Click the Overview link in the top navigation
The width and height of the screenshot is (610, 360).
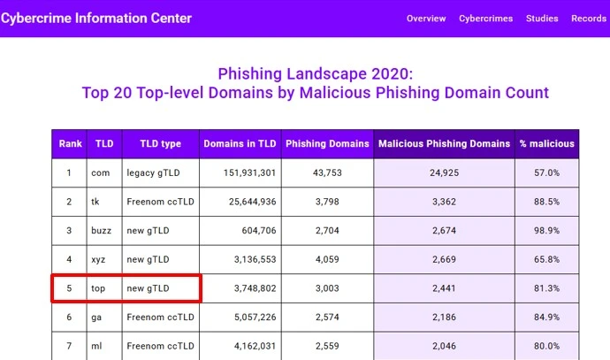point(426,19)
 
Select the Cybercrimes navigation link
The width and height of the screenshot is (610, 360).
point(486,19)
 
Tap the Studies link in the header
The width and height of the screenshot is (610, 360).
point(542,19)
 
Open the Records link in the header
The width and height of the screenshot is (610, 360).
point(589,19)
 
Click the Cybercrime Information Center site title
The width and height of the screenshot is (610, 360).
point(95,18)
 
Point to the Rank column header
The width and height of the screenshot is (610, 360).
point(70,143)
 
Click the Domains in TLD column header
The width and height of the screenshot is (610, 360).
point(240,143)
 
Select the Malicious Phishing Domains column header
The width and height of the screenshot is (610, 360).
point(444,143)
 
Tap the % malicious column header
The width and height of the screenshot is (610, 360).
point(547,143)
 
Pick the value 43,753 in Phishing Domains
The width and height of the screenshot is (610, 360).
point(327,172)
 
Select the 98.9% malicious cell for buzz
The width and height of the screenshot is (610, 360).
point(547,231)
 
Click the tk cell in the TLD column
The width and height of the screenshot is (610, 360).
point(95,202)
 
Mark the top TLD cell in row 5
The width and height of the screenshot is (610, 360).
point(99,288)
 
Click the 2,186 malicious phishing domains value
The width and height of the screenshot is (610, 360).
point(444,318)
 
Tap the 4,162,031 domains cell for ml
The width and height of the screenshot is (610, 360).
point(245,346)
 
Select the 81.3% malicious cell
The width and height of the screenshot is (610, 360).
point(547,288)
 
